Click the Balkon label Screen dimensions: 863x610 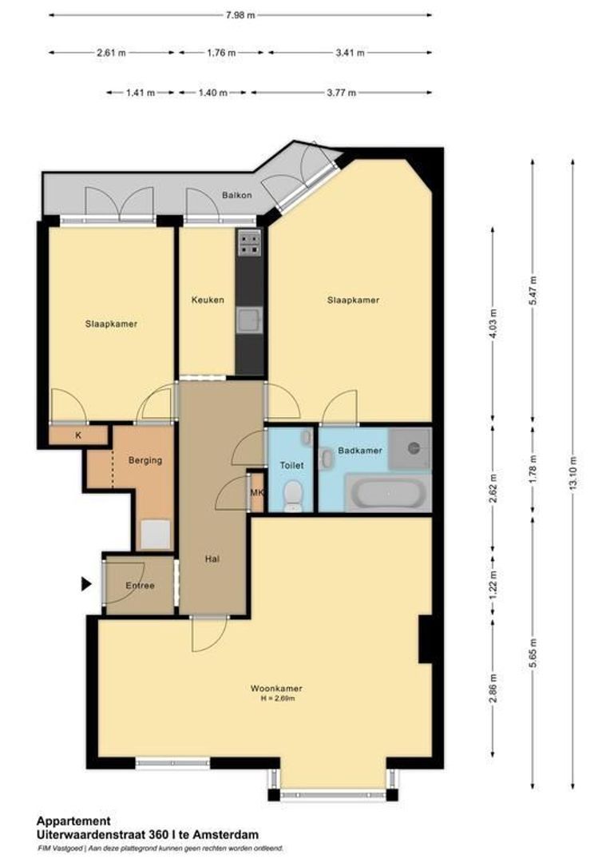point(236,196)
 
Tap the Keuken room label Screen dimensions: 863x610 point(208,300)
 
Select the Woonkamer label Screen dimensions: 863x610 point(276,688)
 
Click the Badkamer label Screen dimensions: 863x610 point(360,451)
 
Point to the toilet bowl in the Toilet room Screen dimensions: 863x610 point(293,495)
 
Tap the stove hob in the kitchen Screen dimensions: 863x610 point(250,242)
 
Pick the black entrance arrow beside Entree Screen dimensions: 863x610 point(86,584)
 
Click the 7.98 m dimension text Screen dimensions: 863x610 point(239,14)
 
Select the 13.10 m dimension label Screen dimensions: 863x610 point(572,475)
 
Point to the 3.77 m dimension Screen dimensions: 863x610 point(342,93)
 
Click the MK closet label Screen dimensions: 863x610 point(256,492)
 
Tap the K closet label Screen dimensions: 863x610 point(78,435)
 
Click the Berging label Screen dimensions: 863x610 point(145,460)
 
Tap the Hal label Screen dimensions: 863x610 point(212,559)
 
